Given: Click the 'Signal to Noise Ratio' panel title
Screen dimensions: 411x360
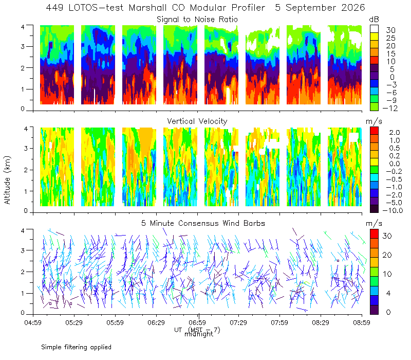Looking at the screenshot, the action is (197, 20).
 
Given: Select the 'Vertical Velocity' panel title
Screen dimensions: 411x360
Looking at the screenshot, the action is (197, 121).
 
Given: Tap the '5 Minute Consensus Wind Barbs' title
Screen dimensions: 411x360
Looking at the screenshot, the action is (203, 223).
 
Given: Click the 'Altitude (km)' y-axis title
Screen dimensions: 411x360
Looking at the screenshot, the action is (7, 180).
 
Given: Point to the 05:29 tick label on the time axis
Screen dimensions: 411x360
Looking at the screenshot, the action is (74, 322).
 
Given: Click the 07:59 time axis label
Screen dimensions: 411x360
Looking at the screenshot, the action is (279, 322).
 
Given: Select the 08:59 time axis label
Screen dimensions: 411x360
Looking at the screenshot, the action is (362, 322).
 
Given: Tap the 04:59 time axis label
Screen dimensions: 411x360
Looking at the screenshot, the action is (33, 322).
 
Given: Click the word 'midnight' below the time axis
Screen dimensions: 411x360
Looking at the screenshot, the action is (199, 334).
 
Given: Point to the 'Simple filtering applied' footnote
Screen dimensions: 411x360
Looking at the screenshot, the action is (76, 347).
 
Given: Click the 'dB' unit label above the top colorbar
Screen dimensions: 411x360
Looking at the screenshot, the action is (374, 20).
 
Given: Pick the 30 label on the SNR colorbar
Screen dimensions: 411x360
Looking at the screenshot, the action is (390, 30).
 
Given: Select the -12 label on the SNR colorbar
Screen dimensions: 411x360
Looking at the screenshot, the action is (390, 108).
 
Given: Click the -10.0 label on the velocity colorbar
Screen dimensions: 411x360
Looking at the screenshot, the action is (393, 210).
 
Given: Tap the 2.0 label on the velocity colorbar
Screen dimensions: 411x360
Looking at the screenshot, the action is (395, 133).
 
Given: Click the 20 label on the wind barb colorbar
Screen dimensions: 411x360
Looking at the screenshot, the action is (387, 255).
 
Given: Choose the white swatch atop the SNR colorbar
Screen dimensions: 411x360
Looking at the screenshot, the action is (375, 29).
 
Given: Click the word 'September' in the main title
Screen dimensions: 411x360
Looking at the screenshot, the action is (311, 8).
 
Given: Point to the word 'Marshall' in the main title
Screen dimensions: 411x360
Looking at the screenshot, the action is (147, 8).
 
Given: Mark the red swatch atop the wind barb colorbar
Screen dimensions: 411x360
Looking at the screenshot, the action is (375, 234).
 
